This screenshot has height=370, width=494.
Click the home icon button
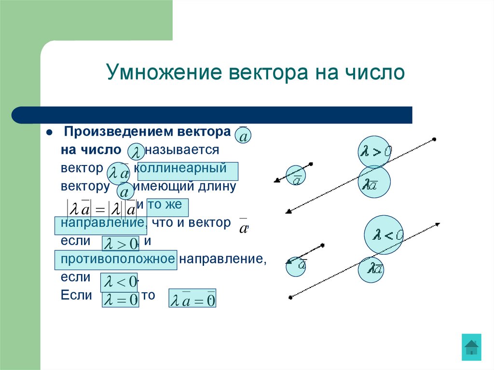click(x=471, y=347)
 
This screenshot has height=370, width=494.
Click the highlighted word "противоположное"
click(x=117, y=259)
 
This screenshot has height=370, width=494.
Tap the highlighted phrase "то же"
click(x=166, y=205)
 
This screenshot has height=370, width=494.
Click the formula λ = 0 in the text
click(x=121, y=300)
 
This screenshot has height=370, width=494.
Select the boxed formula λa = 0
click(x=192, y=299)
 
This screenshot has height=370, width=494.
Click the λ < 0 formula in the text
click(x=119, y=282)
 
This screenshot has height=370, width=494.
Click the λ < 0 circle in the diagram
click(x=384, y=235)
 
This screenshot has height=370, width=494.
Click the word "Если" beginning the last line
click(x=76, y=295)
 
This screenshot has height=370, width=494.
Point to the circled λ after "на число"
click(x=138, y=152)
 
